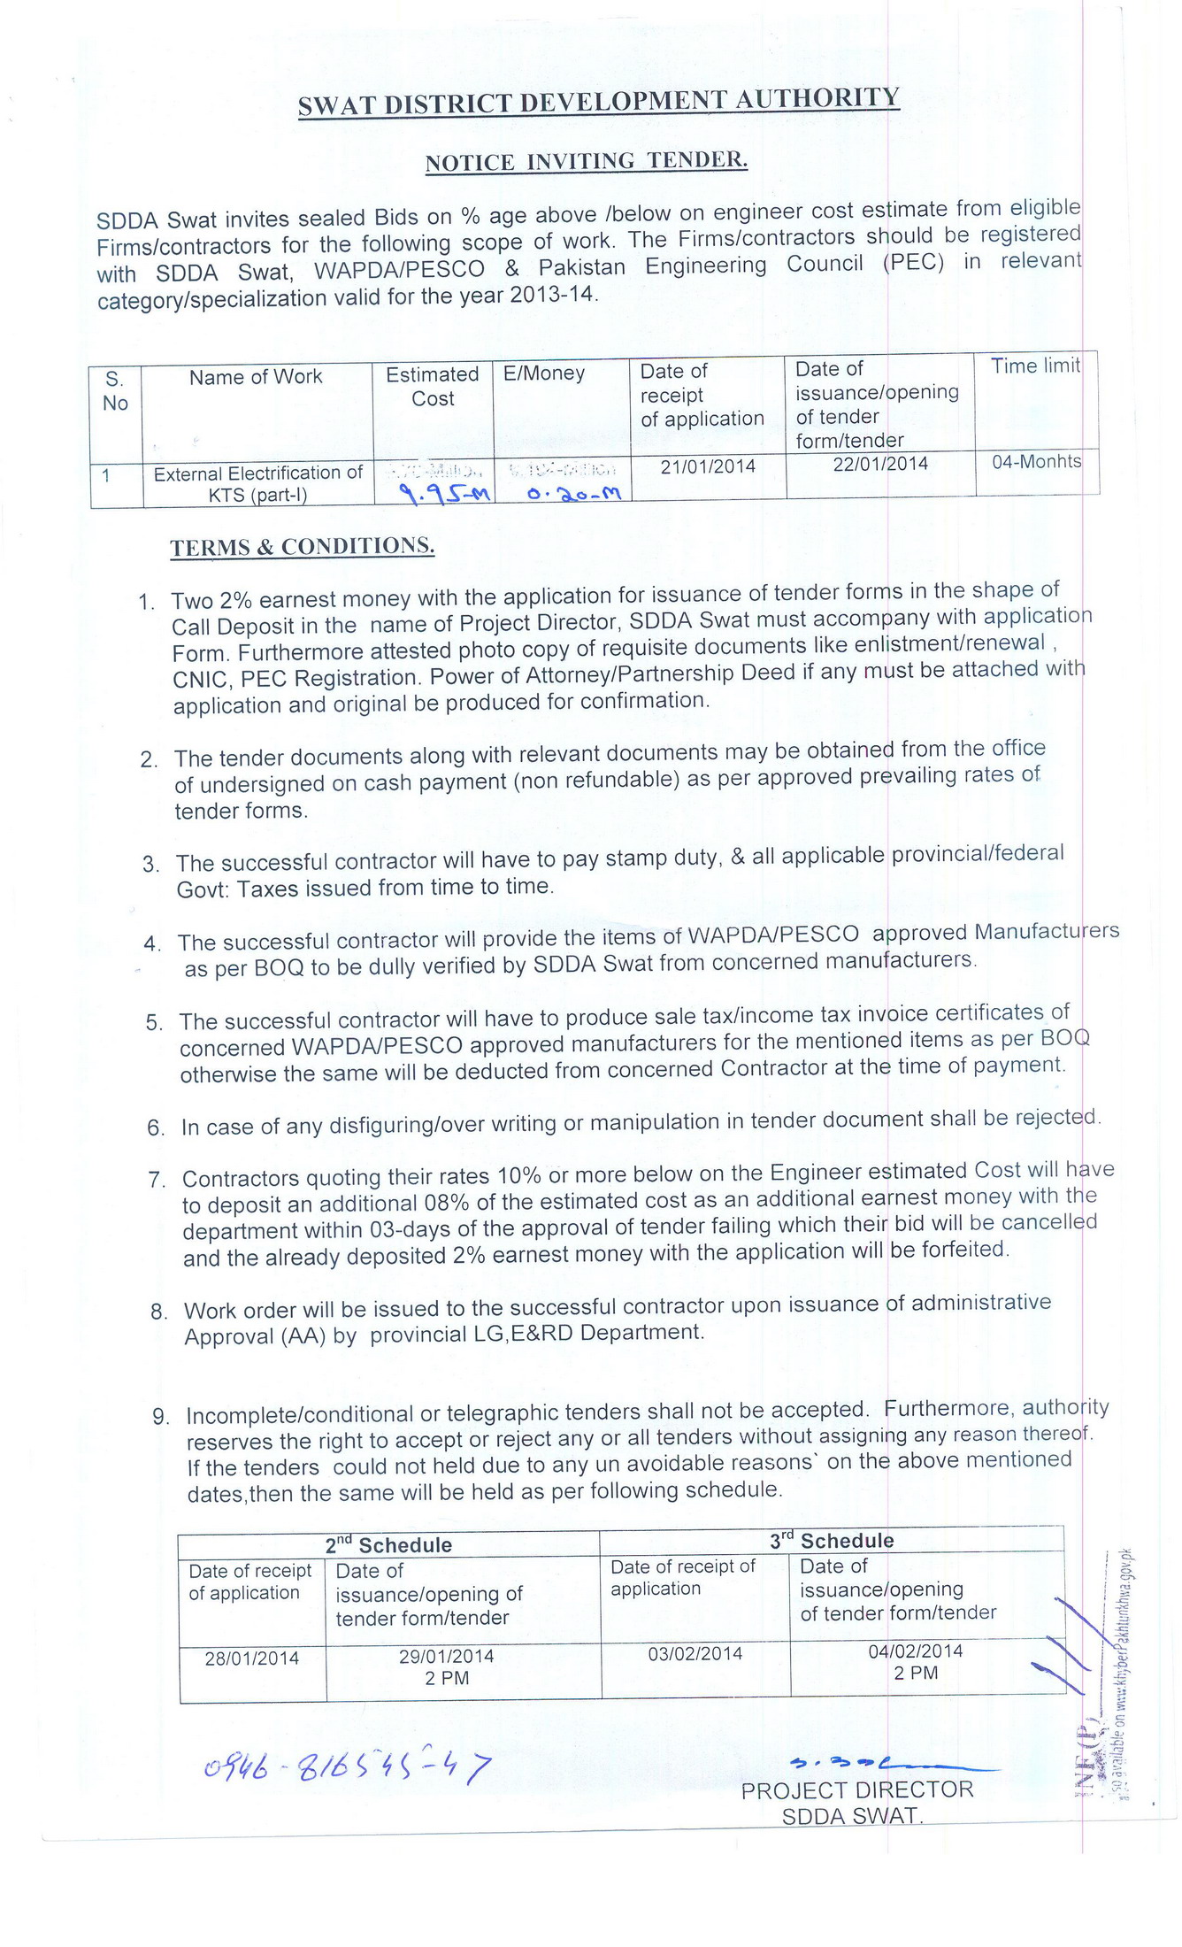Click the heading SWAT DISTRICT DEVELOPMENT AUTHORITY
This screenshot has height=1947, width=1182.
point(598,102)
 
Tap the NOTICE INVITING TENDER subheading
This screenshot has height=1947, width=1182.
point(587,161)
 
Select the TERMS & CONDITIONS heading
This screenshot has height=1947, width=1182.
point(302,546)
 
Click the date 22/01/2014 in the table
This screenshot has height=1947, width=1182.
point(880,464)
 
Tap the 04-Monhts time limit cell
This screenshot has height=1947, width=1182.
point(1036,461)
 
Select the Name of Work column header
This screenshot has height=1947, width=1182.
point(256,377)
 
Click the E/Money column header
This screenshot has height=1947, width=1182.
point(544,373)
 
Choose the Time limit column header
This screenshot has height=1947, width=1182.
point(1035,366)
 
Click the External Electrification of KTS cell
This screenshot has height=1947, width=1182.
point(257,484)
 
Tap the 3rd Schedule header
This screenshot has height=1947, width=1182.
point(831,1540)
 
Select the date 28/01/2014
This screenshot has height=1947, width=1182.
point(252,1658)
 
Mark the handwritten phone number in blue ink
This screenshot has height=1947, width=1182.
point(345,1767)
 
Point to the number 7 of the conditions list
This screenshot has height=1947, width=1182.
point(157,1180)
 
